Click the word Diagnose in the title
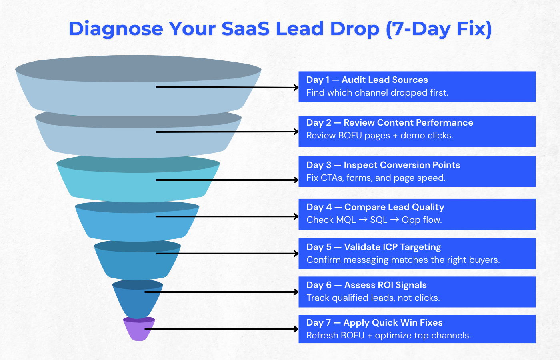pos(116,29)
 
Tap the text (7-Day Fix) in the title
pos(439,29)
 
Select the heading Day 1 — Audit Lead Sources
pos(367,80)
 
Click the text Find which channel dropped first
pos(377,93)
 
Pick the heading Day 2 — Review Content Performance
pos(390,122)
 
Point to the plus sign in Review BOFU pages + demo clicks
pos(395,136)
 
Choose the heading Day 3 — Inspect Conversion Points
pos(383,165)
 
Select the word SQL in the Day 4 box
pos(378,220)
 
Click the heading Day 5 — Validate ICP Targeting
pos(374,247)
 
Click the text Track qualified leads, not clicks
pos(373,298)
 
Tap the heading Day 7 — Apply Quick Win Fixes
pos(374,322)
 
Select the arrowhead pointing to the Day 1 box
pos(296,88)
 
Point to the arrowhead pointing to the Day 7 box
pos(296,329)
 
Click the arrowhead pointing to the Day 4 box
pos(296,216)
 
